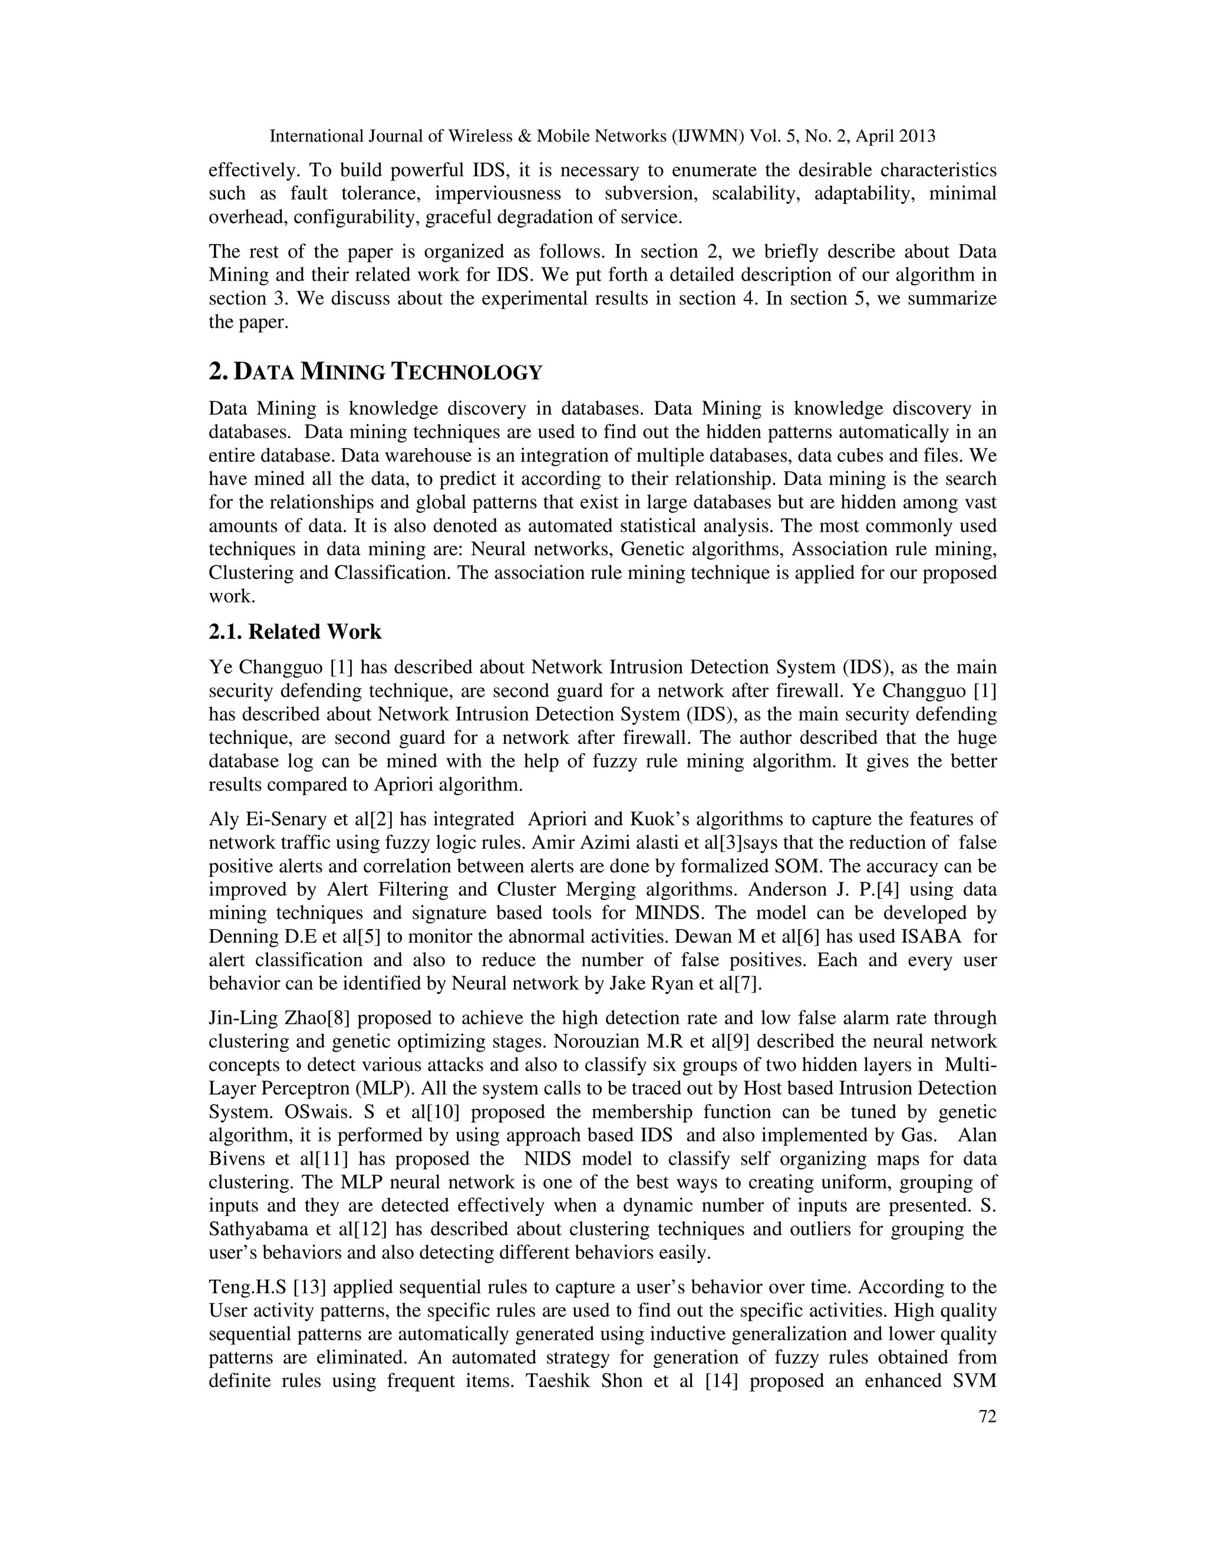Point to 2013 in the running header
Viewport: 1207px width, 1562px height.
pyautogui.click(x=918, y=136)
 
